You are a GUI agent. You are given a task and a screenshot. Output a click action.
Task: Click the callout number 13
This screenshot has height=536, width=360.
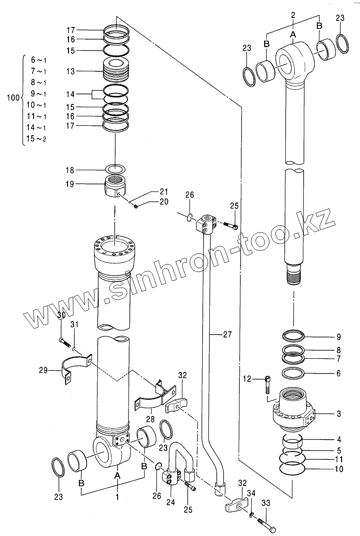[71, 71]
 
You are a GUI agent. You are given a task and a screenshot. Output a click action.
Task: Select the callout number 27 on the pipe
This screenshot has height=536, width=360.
[227, 335]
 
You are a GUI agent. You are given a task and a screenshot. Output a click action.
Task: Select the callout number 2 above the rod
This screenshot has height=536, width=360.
[293, 16]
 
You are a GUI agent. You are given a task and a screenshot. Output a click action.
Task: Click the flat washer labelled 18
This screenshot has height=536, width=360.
[115, 169]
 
